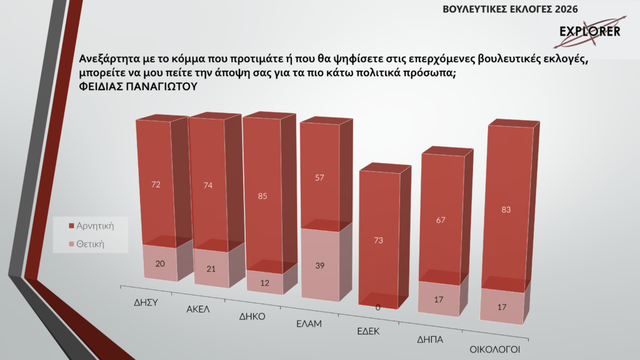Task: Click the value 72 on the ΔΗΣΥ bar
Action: tap(156, 184)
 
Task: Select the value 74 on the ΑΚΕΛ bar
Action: tap(208, 186)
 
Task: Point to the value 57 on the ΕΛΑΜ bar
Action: tap(319, 178)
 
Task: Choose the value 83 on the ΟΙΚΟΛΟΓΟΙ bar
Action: tap(506, 209)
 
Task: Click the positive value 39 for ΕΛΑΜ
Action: tap(319, 266)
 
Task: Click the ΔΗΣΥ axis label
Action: tap(144, 301)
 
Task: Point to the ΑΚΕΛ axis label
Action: tap(198, 309)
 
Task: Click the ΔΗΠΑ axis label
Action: tap(430, 340)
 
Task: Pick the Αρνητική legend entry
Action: tap(94, 224)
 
